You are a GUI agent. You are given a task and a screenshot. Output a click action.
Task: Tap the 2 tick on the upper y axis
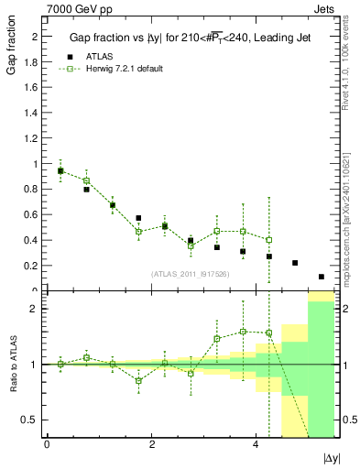pos(35,36)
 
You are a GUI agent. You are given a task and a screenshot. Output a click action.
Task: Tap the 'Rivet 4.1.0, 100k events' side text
pos(345,63)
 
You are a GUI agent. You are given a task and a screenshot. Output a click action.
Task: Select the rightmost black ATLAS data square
pos(322,277)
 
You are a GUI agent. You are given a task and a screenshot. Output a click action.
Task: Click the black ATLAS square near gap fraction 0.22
pos(295,263)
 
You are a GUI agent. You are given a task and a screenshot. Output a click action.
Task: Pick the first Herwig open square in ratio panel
pos(60,364)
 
